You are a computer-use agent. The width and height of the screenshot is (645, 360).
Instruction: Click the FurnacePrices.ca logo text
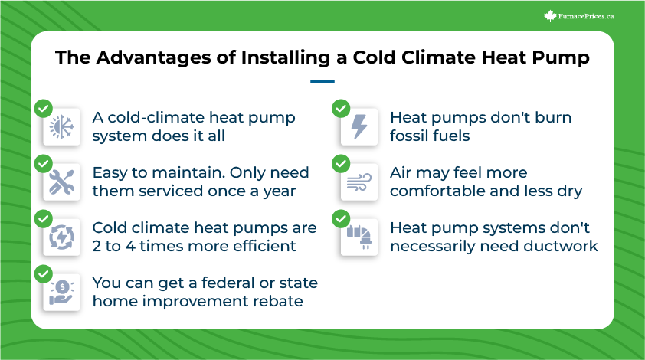[586, 16]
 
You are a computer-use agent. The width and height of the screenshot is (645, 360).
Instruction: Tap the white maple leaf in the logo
[550, 16]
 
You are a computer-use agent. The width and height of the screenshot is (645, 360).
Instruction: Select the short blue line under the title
[322, 81]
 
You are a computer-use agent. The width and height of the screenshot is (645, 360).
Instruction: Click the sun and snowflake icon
[62, 126]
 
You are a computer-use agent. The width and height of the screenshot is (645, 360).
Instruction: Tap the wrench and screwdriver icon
[62, 182]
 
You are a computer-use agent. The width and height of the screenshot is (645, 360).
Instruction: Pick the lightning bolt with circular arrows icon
[62, 237]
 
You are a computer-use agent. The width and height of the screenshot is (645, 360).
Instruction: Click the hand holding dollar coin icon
[62, 292]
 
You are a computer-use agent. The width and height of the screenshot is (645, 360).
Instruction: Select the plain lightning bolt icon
[359, 126]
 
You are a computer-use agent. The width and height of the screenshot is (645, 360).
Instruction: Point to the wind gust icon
[359, 182]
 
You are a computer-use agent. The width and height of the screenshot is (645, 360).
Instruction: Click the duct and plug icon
[359, 237]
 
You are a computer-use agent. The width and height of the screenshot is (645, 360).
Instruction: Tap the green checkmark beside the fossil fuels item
[341, 109]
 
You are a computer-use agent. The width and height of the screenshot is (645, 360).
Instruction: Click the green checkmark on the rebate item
[44, 274]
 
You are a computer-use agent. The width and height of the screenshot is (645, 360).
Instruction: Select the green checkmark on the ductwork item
[341, 219]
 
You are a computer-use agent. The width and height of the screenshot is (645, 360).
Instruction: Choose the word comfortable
[437, 191]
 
